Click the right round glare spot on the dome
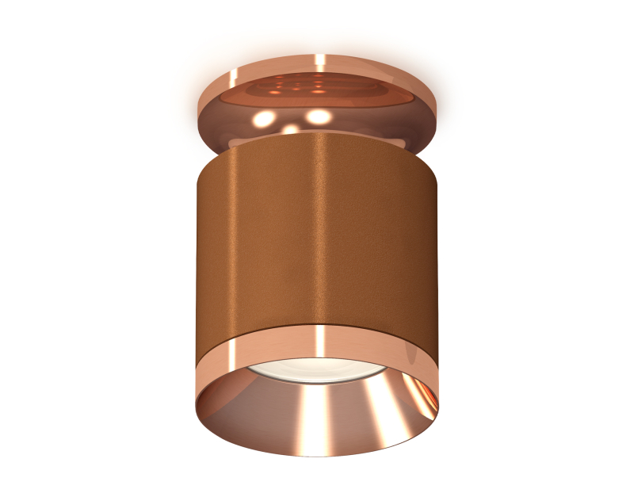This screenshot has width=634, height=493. pyautogui.click(x=319, y=116)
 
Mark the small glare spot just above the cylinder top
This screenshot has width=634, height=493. pyautogui.click(x=292, y=128)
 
